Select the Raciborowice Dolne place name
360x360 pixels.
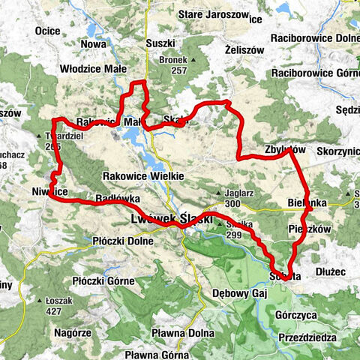[x=315, y=38]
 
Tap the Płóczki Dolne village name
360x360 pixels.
[x=121, y=241]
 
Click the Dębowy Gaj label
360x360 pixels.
[x=240, y=292]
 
